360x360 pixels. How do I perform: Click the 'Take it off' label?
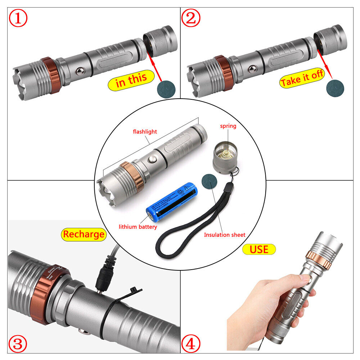(x=302, y=80)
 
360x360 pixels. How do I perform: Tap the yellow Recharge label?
(x=83, y=234)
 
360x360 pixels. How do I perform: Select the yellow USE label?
(x=259, y=249)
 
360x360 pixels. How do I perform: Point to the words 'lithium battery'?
(x=138, y=227)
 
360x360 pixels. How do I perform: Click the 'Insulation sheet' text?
(x=225, y=235)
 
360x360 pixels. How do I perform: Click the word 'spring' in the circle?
(x=228, y=126)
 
